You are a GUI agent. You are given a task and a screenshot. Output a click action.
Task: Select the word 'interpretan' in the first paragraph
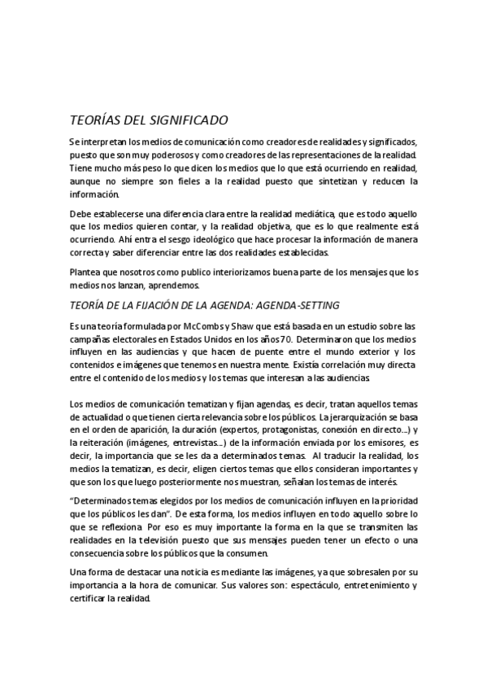coord(106,142)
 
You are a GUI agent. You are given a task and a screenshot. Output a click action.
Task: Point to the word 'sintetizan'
coord(333,181)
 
